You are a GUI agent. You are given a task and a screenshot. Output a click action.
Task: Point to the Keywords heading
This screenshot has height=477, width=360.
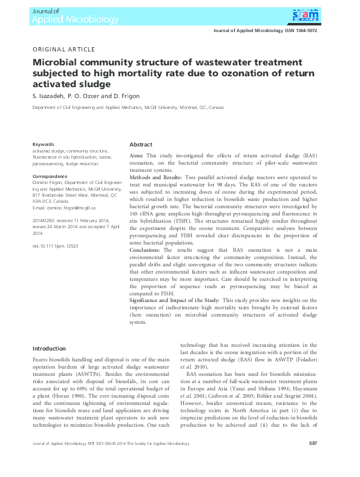coord(43,144)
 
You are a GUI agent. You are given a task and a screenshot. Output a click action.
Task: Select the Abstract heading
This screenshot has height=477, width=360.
coord(141,145)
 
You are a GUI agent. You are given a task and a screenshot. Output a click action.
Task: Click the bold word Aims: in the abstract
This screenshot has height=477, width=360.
coord(137,156)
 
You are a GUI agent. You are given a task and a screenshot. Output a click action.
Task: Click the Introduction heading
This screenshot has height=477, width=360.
coord(49,348)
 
